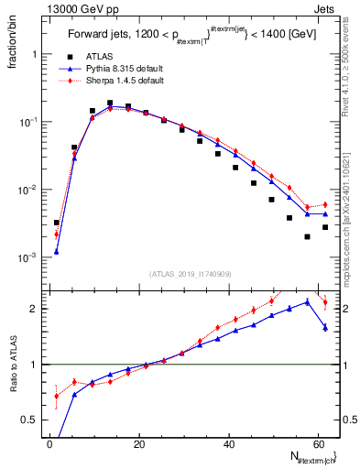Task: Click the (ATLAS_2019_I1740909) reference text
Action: [x=191, y=273]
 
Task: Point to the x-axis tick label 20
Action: [x=139, y=443]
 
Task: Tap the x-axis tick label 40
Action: [x=228, y=443]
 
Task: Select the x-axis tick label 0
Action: [x=50, y=443]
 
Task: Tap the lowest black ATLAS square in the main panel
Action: [x=308, y=236]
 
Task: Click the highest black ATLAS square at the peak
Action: [x=110, y=104]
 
